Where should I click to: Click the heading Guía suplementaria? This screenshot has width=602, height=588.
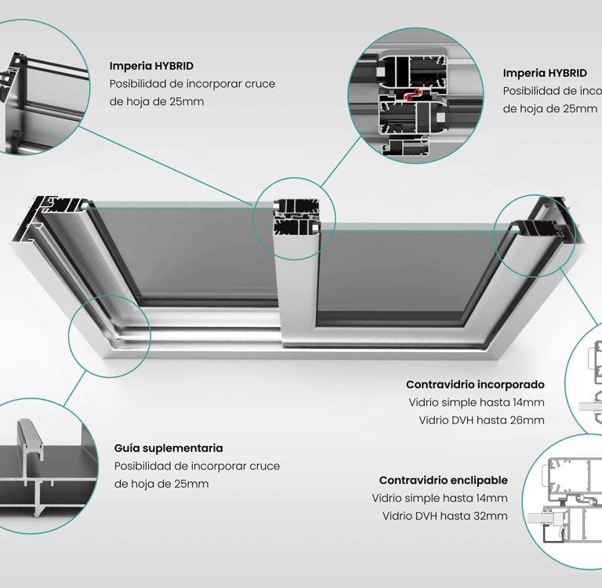[169, 448]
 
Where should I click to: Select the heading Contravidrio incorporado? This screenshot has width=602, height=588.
[475, 385]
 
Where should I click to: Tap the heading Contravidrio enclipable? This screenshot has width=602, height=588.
[443, 480]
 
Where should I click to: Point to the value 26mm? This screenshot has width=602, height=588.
[527, 420]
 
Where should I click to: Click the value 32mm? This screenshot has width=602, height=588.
[491, 516]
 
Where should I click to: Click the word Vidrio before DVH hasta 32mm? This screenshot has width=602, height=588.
[399, 516]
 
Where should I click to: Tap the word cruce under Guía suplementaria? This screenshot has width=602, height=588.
[264, 466]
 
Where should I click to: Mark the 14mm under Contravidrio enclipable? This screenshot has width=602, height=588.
[491, 498]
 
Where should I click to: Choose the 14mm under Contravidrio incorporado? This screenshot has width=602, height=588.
[527, 403]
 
